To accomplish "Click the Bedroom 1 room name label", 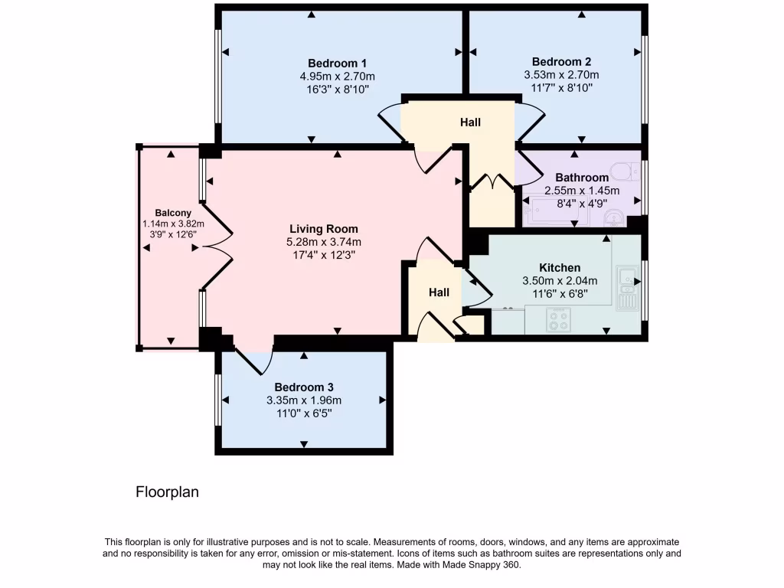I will point(338,63).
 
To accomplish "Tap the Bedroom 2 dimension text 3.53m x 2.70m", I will point(561,75).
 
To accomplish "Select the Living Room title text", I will point(323,229).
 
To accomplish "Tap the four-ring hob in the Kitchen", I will point(557,319).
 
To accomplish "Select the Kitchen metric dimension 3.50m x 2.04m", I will point(560,280).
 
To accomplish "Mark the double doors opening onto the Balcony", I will point(217,247).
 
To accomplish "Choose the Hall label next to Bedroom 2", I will point(470,122).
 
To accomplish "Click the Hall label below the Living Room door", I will point(439,292).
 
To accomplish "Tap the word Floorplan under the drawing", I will point(167,492).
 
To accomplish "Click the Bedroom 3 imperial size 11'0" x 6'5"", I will point(304,413).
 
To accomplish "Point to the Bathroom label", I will point(582,178).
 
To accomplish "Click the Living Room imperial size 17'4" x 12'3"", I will point(323,255).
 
